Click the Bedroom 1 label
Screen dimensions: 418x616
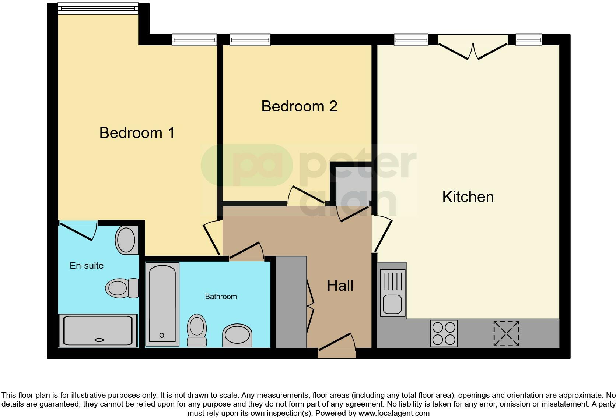point(137,133)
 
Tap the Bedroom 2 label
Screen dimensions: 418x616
point(299,106)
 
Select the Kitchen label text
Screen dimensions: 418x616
point(468,197)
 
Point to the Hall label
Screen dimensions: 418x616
point(340,286)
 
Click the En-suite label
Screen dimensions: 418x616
point(87,266)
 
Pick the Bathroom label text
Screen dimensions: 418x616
point(221,297)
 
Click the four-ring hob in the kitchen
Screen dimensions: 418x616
point(444,333)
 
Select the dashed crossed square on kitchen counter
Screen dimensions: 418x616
point(506,333)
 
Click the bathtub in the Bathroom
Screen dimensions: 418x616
point(162,304)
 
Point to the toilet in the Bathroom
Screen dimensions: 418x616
point(197,330)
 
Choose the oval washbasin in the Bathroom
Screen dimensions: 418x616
point(237,335)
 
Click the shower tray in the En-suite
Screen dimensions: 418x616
point(98,330)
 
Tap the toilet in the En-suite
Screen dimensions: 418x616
point(122,288)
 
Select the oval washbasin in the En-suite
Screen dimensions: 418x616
point(126,240)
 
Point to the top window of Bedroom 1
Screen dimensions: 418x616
point(98,8)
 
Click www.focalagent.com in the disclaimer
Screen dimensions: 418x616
point(394,413)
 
